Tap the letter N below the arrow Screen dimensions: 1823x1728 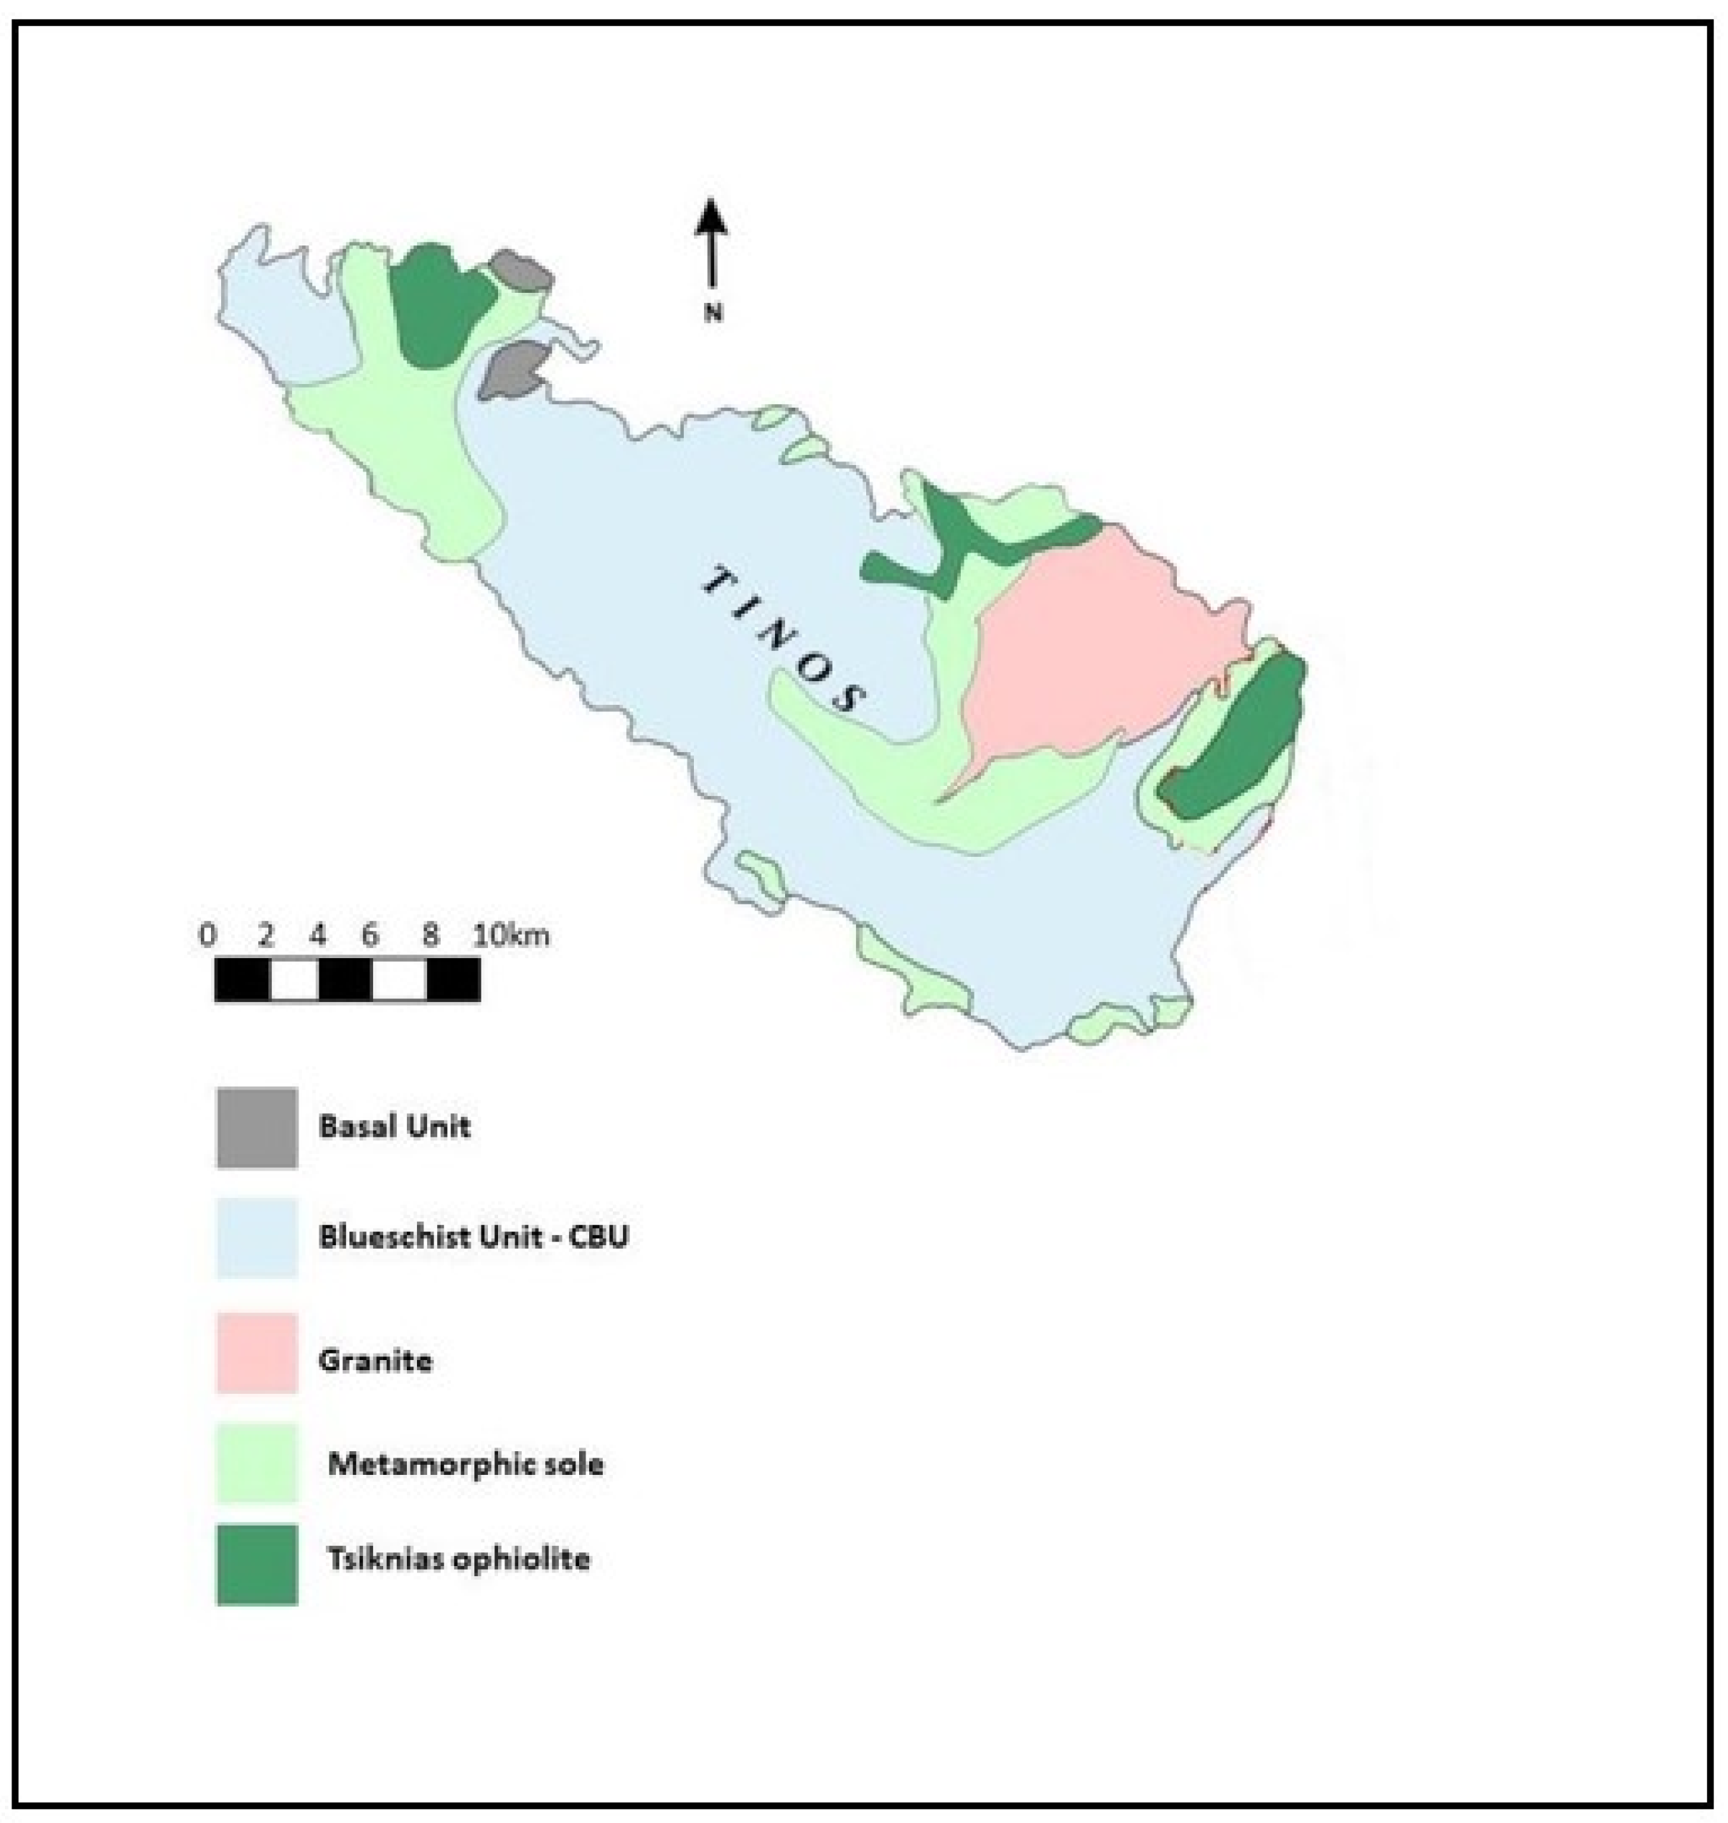pos(713,313)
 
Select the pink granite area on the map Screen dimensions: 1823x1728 pos(1096,645)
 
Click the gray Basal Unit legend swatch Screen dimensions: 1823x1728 pos(257,1128)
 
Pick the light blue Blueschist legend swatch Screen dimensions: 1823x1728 pos(257,1237)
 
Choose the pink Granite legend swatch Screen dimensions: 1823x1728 pos(257,1352)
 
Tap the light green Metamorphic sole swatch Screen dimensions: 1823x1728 pos(257,1463)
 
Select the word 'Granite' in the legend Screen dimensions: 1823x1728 pos(375,1361)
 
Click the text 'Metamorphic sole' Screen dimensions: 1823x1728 pos(465,1463)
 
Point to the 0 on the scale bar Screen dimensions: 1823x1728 pos(207,936)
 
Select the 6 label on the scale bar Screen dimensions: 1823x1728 pos(370,936)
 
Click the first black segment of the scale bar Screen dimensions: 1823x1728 pos(243,979)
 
